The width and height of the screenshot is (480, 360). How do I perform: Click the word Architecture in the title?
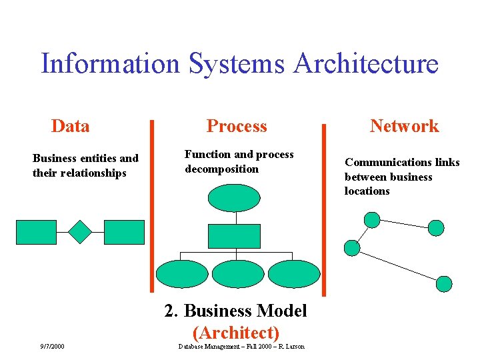pos(365,64)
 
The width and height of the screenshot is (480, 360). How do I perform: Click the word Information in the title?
pos(110,64)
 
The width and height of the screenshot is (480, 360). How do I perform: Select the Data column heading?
pos(70,126)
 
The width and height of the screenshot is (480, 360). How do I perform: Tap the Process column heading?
pos(237,126)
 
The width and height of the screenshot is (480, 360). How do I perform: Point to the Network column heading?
pos(404,126)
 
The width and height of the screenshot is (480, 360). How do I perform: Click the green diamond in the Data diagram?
pos(80,231)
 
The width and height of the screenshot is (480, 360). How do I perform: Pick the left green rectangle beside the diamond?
pos(36,232)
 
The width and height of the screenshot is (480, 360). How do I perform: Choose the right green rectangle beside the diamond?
pos(124,232)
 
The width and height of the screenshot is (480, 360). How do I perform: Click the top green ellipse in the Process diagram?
pos(234,198)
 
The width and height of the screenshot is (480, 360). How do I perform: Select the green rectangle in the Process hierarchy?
pos(234,236)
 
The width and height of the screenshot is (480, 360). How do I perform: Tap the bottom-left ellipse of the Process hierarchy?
pos(182,273)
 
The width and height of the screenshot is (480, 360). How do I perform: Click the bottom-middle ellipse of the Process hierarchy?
pos(238,273)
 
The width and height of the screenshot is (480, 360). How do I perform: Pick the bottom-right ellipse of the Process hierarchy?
pos(294,273)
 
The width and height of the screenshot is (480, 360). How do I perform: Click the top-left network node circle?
pos(372,219)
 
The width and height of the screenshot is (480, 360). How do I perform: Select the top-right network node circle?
pos(435,228)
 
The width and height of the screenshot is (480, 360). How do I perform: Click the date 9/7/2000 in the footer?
pos(52,346)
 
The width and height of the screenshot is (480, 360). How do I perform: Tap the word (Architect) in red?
pos(235,332)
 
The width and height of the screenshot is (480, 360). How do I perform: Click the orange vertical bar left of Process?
pos(152,207)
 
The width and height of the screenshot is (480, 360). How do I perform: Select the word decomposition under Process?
pos(221,169)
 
